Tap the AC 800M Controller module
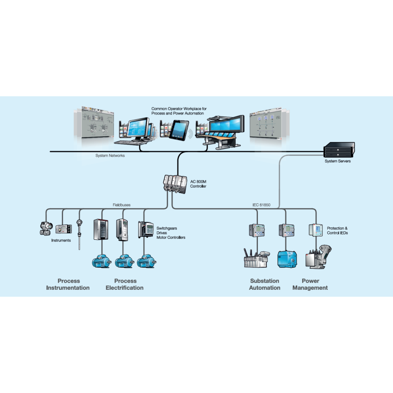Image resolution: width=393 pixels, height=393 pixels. pyautogui.click(x=174, y=184)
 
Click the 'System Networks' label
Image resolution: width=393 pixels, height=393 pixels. pyautogui.click(x=111, y=156)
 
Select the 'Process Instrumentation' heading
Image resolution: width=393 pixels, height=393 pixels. pyautogui.click(x=68, y=284)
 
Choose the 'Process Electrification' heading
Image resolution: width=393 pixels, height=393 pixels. pyautogui.click(x=125, y=284)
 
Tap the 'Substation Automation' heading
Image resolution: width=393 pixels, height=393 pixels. pyautogui.click(x=264, y=284)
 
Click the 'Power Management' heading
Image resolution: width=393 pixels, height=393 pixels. pyautogui.click(x=310, y=284)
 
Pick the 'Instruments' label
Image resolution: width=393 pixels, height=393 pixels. pyautogui.click(x=61, y=240)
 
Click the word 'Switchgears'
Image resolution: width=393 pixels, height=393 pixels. pyautogui.click(x=167, y=229)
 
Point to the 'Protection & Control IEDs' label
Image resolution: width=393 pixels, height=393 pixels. pyautogui.click(x=337, y=230)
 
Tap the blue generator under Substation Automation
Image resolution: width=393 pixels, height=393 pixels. pyautogui.click(x=286, y=258)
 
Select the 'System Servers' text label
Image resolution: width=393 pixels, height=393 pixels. pyautogui.click(x=337, y=161)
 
